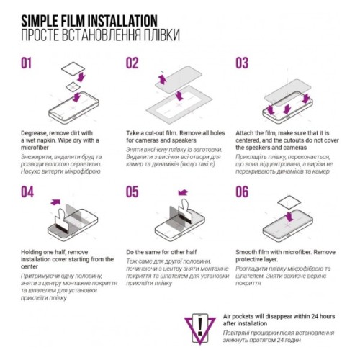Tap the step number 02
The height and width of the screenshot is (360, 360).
pos(132,63)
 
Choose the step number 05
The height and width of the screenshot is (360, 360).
pos(132,192)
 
